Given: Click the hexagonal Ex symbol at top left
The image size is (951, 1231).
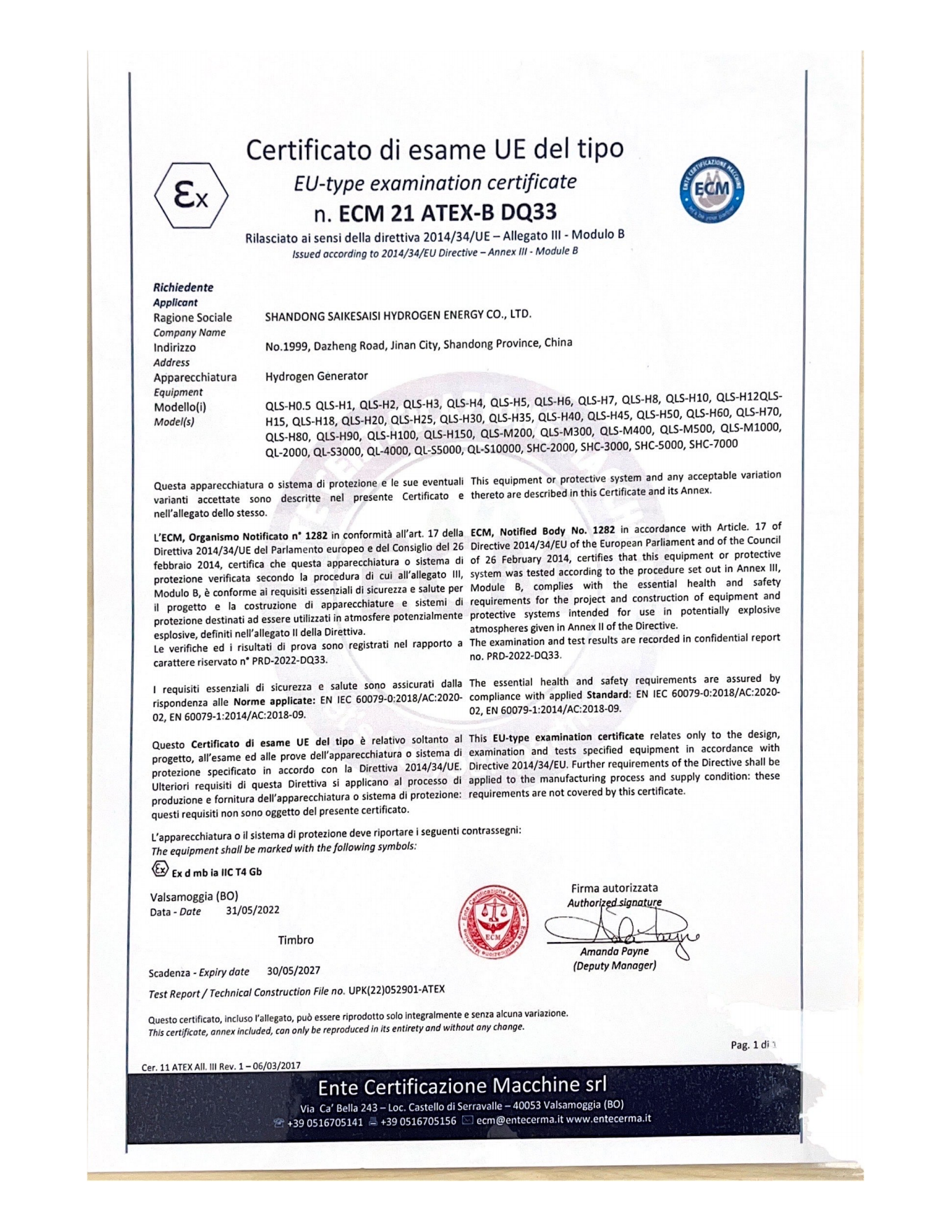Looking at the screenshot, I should [x=191, y=197].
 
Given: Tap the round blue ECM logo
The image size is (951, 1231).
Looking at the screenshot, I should [x=712, y=189].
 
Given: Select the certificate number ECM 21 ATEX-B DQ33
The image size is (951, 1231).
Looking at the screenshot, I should [x=448, y=212].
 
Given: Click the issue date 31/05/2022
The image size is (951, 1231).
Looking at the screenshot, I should [x=252, y=910].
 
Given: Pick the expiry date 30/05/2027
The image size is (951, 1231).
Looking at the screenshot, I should [x=294, y=971].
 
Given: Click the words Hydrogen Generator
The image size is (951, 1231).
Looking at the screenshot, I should [x=316, y=376].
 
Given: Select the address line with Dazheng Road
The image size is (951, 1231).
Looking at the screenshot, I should [x=418, y=344].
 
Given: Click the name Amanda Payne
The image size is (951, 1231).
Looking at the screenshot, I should [x=614, y=951].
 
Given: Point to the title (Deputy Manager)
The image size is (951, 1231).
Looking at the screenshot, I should [x=614, y=966].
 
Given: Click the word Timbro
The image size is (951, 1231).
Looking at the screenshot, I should [x=296, y=940].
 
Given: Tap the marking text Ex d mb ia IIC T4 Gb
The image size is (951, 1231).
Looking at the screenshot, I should [x=217, y=872].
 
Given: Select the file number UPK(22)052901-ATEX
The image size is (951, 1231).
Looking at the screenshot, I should [x=396, y=990].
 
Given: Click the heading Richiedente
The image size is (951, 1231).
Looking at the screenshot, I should [x=183, y=287].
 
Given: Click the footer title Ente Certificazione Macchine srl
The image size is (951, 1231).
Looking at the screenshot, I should [x=462, y=1086].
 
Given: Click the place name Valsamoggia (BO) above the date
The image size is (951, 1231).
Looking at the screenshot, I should [x=194, y=896].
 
